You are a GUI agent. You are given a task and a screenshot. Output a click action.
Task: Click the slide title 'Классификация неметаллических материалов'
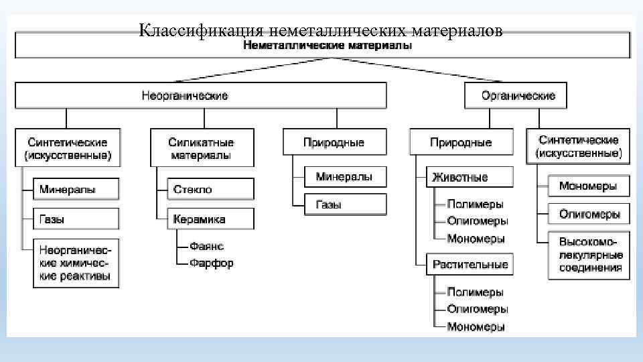321,31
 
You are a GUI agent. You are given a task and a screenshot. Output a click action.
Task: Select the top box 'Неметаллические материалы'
328,46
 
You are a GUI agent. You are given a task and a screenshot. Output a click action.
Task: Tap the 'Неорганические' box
200,96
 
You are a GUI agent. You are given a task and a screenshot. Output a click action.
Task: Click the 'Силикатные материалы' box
202,148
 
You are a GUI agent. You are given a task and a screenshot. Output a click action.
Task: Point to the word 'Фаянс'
206,246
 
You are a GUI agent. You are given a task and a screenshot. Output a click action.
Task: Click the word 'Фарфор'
211,263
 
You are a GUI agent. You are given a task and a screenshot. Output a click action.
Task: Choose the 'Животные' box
470,177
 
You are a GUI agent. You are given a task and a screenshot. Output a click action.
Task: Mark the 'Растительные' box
470,263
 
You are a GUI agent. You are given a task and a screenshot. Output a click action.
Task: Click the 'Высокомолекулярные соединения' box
589,255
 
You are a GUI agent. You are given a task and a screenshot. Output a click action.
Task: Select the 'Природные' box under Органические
461,142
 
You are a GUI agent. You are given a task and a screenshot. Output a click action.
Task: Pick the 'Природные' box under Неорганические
334,142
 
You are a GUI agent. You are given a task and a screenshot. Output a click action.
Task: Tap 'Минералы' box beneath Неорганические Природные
344,176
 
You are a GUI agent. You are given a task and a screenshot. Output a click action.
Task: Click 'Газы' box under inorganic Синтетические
76,219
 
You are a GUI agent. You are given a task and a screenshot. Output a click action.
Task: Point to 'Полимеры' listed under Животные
475,204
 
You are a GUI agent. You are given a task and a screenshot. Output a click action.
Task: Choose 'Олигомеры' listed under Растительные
477,309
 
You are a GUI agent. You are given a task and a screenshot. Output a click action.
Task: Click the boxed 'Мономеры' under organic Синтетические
589,186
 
